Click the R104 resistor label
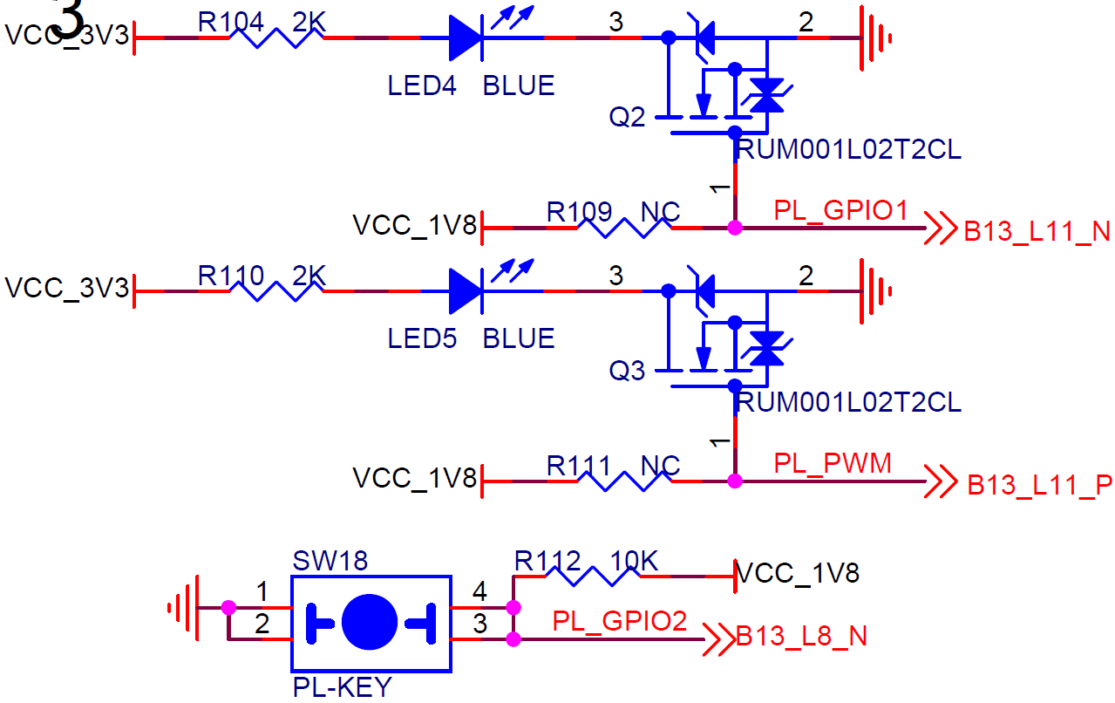tap(230, 23)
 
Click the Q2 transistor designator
tap(627, 118)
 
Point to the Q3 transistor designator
tap(627, 371)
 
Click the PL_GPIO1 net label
tap(840, 211)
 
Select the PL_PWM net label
tap(833, 464)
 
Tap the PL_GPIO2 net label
tap(620, 621)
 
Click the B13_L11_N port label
tap(1037, 231)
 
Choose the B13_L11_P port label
tap(1039, 485)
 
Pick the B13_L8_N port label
tap(801, 637)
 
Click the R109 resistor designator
tap(579, 212)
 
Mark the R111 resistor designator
tap(578, 466)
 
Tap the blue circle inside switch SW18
tap(370, 622)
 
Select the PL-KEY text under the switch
tap(343, 688)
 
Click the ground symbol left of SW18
tap(184, 608)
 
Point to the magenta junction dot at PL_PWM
tap(735, 481)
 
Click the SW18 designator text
tap(330, 561)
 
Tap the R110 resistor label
tap(230, 276)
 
